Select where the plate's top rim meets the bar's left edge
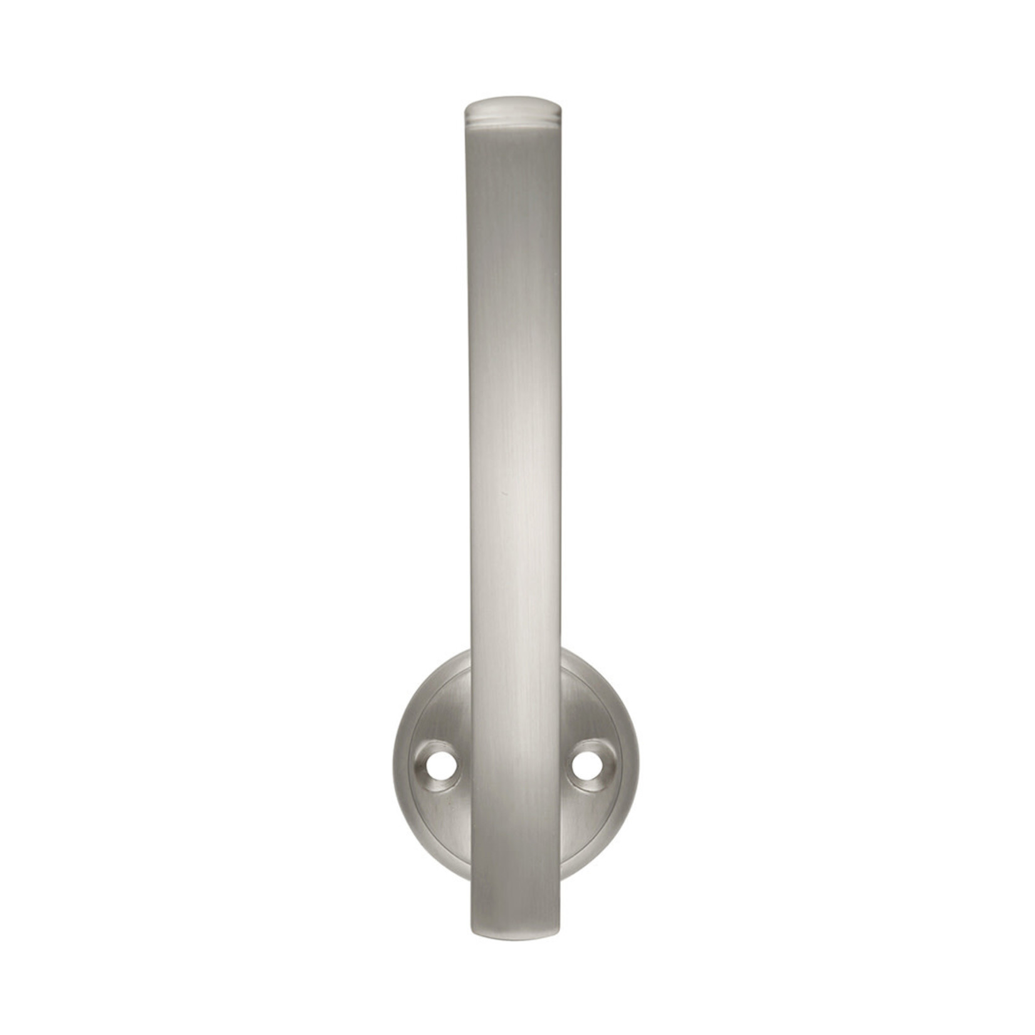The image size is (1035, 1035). pyautogui.click(x=471, y=652)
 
